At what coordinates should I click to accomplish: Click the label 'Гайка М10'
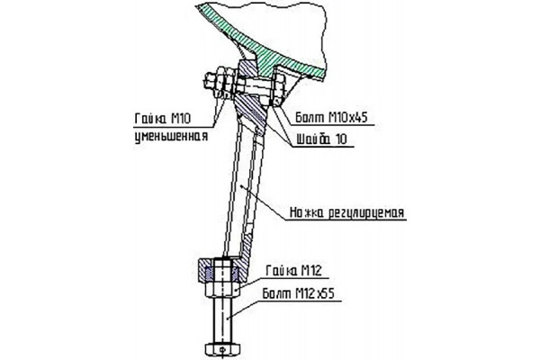click(163, 119)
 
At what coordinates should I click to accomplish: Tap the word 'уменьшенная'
click(171, 136)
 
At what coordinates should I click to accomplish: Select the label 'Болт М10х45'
click(331, 118)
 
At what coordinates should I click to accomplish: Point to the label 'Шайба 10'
click(322, 139)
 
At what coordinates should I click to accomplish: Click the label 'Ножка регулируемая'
click(346, 212)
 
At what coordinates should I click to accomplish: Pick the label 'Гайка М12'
click(293, 271)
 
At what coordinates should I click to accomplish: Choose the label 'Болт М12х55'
click(298, 294)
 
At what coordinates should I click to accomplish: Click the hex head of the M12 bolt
click(222, 349)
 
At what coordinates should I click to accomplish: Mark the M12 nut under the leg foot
click(222, 289)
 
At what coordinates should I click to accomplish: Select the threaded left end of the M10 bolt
click(210, 83)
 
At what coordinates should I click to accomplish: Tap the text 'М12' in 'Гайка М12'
click(311, 271)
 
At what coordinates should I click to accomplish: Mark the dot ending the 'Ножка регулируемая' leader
click(244, 186)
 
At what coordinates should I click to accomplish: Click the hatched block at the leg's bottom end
click(222, 269)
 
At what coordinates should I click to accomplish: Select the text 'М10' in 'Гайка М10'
click(181, 119)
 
